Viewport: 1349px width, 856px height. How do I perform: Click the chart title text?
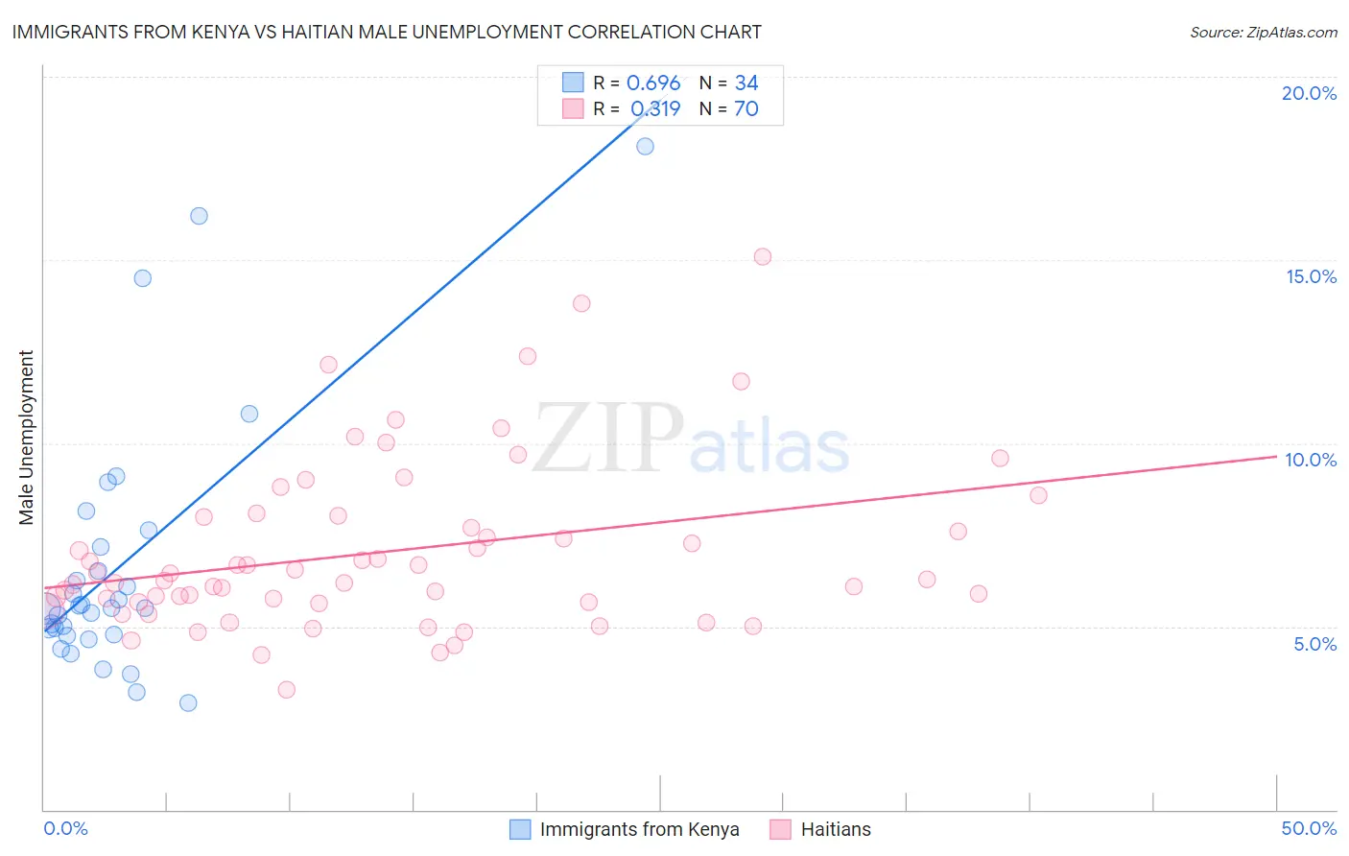pyautogui.click(x=387, y=32)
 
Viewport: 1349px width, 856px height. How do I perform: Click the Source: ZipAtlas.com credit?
pyautogui.click(x=1263, y=33)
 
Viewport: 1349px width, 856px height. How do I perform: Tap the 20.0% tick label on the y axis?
pyautogui.click(x=1309, y=93)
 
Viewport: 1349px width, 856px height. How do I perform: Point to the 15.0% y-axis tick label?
pyautogui.click(x=1311, y=276)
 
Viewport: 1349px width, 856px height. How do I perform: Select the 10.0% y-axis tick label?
pyautogui.click(x=1311, y=460)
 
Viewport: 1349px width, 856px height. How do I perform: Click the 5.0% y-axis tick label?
pyautogui.click(x=1314, y=644)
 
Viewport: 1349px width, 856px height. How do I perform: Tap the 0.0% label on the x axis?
pyautogui.click(x=65, y=828)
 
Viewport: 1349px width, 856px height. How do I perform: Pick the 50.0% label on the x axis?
pyautogui.click(x=1309, y=828)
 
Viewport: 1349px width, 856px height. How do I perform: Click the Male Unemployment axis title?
pyautogui.click(x=26, y=438)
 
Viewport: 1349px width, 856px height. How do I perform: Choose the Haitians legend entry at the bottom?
pyautogui.click(x=836, y=829)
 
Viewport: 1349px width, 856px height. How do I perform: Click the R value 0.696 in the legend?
pyautogui.click(x=653, y=83)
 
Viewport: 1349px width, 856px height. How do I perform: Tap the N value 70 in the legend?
pyautogui.click(x=746, y=109)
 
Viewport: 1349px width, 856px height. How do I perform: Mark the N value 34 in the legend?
pyautogui.click(x=746, y=83)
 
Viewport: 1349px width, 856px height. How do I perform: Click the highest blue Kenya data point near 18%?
pyautogui.click(x=645, y=146)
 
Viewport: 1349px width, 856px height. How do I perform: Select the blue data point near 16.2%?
pyautogui.click(x=199, y=216)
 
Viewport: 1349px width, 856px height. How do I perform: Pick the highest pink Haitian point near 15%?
pyautogui.click(x=763, y=256)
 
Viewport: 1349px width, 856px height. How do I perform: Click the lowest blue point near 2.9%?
pyautogui.click(x=188, y=702)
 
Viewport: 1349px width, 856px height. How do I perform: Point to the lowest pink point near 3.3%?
pyautogui.click(x=286, y=689)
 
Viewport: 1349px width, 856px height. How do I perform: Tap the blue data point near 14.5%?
pyautogui.click(x=142, y=278)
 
